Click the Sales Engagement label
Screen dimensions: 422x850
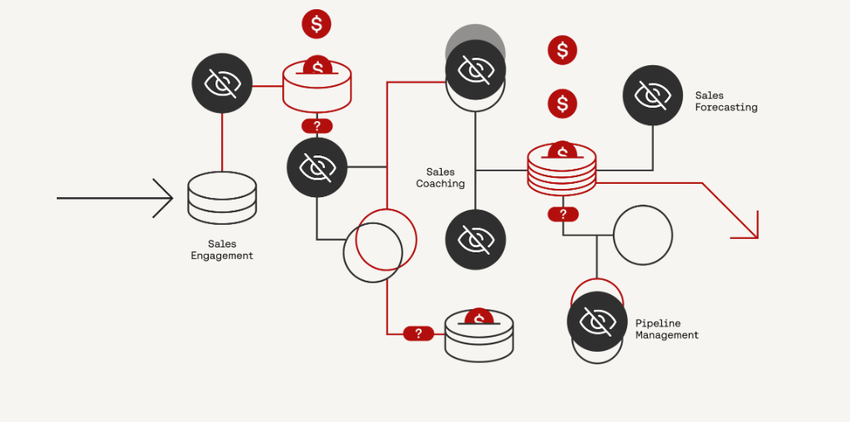221,250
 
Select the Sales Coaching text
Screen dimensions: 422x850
440,177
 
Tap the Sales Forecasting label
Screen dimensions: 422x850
726,101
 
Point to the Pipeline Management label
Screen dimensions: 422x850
666,328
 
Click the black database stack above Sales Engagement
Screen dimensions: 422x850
221,197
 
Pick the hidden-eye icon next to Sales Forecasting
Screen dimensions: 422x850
652,95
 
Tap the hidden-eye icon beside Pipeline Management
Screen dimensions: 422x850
597,321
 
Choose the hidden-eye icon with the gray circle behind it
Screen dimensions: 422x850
475,71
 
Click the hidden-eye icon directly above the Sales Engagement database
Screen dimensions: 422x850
222,83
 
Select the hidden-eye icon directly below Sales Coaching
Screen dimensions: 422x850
475,240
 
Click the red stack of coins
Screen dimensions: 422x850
562,168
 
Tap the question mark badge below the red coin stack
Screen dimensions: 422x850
563,214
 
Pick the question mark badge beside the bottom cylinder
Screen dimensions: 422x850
418,333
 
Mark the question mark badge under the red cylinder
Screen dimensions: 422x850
316,126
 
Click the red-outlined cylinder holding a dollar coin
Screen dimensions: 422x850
316,86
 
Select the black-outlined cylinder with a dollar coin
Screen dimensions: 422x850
478,335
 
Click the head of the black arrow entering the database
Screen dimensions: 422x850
164,198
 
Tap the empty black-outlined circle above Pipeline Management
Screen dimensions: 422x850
642,235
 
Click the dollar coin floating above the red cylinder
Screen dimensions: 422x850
316,23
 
